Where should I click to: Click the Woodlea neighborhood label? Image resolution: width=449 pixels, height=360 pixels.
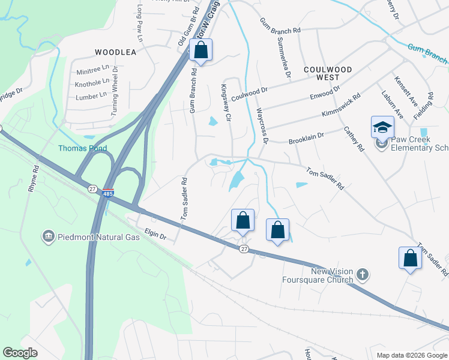click(115, 52)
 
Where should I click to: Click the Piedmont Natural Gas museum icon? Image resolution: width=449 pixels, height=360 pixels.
click(48, 237)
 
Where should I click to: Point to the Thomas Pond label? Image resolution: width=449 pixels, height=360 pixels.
click(82, 148)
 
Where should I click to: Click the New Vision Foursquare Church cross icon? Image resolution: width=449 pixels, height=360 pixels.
click(362, 275)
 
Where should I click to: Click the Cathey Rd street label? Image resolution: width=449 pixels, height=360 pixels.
click(354, 138)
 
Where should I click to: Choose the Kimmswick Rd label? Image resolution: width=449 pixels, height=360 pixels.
click(341, 104)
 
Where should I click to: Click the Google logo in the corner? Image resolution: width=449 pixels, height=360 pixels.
click(20, 352)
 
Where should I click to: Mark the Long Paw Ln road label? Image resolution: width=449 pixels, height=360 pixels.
click(140, 23)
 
